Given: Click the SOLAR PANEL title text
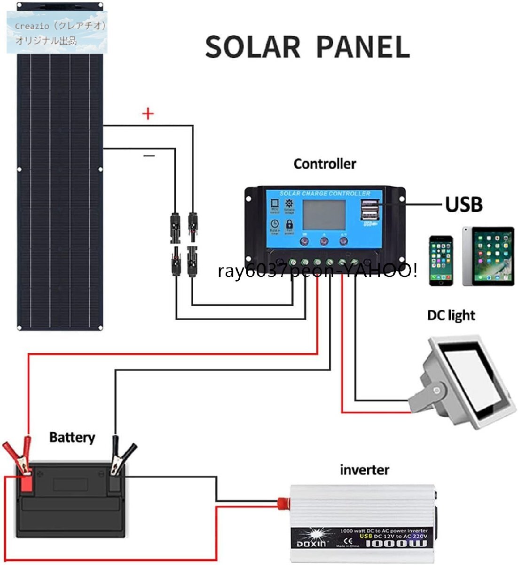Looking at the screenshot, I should [x=307, y=47].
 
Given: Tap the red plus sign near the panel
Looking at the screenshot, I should [x=148, y=114].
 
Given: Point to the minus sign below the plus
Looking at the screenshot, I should [x=149, y=155].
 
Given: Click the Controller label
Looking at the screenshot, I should [x=324, y=164].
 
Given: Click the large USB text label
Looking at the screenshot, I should [x=463, y=205].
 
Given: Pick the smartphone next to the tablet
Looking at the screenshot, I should [x=441, y=261].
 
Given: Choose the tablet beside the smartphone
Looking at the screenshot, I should [x=488, y=257].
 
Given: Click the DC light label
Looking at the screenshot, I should [x=451, y=315].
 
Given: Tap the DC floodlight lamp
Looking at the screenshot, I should [x=465, y=381].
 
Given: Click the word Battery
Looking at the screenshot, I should [x=72, y=437].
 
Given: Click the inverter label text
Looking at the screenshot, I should [x=364, y=469].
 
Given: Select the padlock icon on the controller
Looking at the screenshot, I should [x=289, y=225].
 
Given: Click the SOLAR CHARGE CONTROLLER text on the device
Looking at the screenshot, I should [x=325, y=194].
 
